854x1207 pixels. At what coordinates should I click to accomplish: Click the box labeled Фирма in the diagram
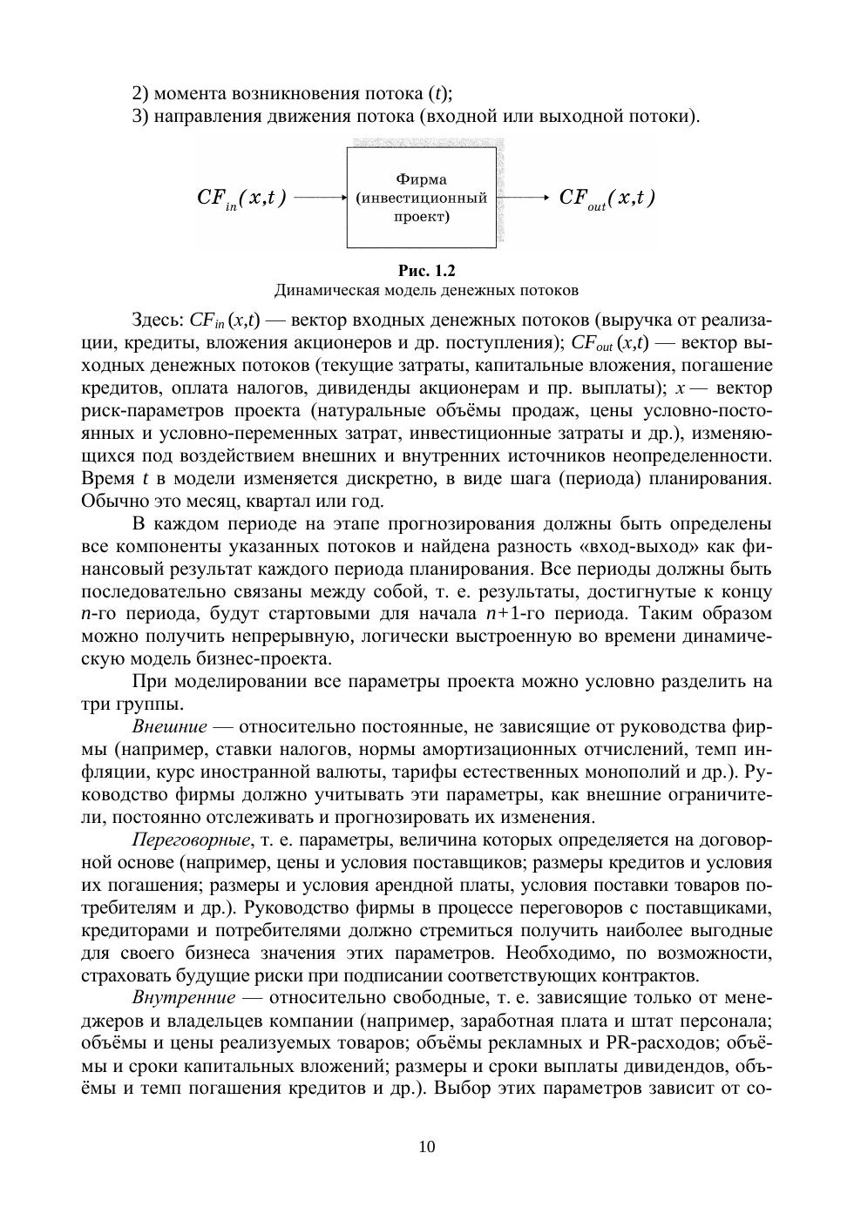coord(422,198)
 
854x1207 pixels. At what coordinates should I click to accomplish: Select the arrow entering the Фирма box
coord(321,198)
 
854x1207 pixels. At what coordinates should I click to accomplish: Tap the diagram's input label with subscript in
coord(241,199)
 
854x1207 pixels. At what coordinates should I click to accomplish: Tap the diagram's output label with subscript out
coord(607,199)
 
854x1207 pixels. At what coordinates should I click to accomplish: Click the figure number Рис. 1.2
coord(426,270)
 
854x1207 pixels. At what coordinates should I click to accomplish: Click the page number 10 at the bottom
coord(427,1146)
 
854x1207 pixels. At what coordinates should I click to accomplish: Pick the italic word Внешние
coord(170,726)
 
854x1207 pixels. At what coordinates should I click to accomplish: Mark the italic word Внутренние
coord(184,997)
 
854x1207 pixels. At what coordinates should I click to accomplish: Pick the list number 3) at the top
coord(140,116)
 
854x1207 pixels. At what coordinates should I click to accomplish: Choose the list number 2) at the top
coord(140,93)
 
